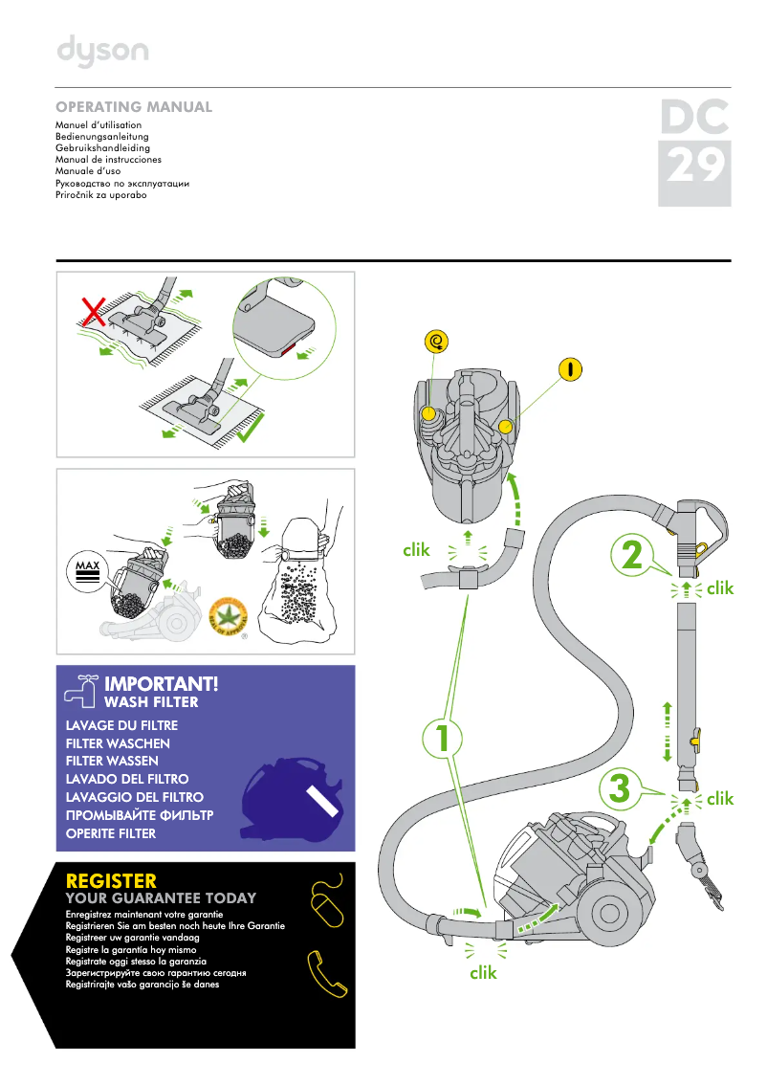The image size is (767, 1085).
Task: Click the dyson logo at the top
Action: [102, 52]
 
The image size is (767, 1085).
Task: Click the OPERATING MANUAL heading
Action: [134, 107]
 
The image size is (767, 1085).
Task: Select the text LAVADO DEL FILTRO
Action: [127, 779]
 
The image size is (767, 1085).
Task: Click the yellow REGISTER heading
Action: [111, 880]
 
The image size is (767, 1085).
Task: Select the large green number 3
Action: [619, 789]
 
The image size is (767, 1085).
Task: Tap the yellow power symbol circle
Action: [570, 367]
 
